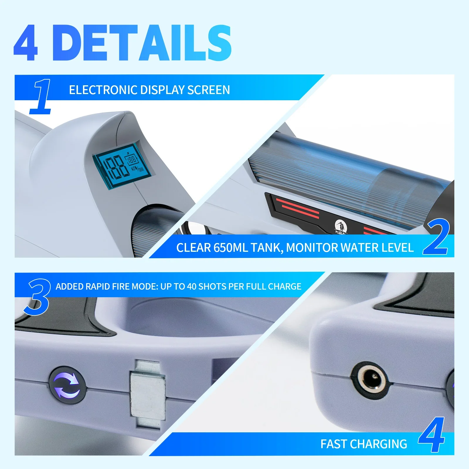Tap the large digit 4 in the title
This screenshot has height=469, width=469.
tap(26, 43)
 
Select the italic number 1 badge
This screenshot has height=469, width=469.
tap(41, 97)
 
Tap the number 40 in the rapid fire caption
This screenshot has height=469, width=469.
tap(192, 286)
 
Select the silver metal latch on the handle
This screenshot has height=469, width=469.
tap(148, 394)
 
